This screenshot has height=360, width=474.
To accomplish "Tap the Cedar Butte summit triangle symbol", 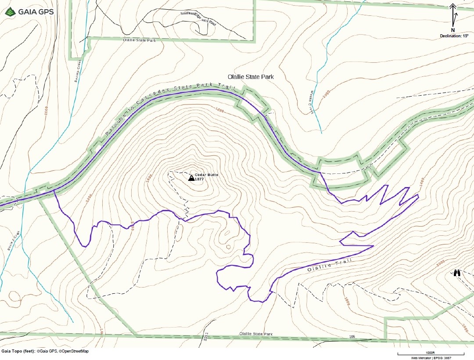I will click(x=191, y=178).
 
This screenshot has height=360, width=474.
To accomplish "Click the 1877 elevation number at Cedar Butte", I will click(x=200, y=179).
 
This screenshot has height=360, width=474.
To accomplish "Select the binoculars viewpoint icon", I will click(x=457, y=273).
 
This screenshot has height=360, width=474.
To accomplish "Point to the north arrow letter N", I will click(x=453, y=30).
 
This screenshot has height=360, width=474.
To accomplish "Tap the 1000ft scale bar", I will click(x=431, y=353).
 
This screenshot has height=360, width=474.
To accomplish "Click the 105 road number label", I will click(x=352, y=337).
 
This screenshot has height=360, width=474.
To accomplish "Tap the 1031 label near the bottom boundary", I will click(x=206, y=337).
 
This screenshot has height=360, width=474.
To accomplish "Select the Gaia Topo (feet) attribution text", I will click(x=45, y=351).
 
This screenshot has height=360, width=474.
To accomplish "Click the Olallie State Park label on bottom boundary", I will click(x=256, y=334).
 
